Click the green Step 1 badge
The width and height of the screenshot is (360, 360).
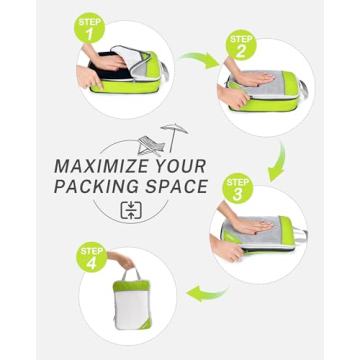pyautogui.click(x=89, y=27)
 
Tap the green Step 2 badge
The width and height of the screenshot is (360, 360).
pyautogui.click(x=240, y=45)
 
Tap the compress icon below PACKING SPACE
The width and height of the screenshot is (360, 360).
pyautogui.click(x=132, y=210)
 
